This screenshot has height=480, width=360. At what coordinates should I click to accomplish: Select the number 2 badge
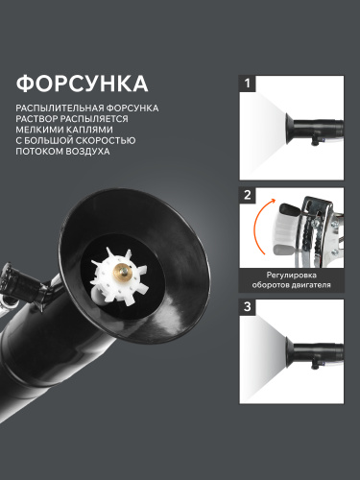pyautogui.click(x=248, y=195)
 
